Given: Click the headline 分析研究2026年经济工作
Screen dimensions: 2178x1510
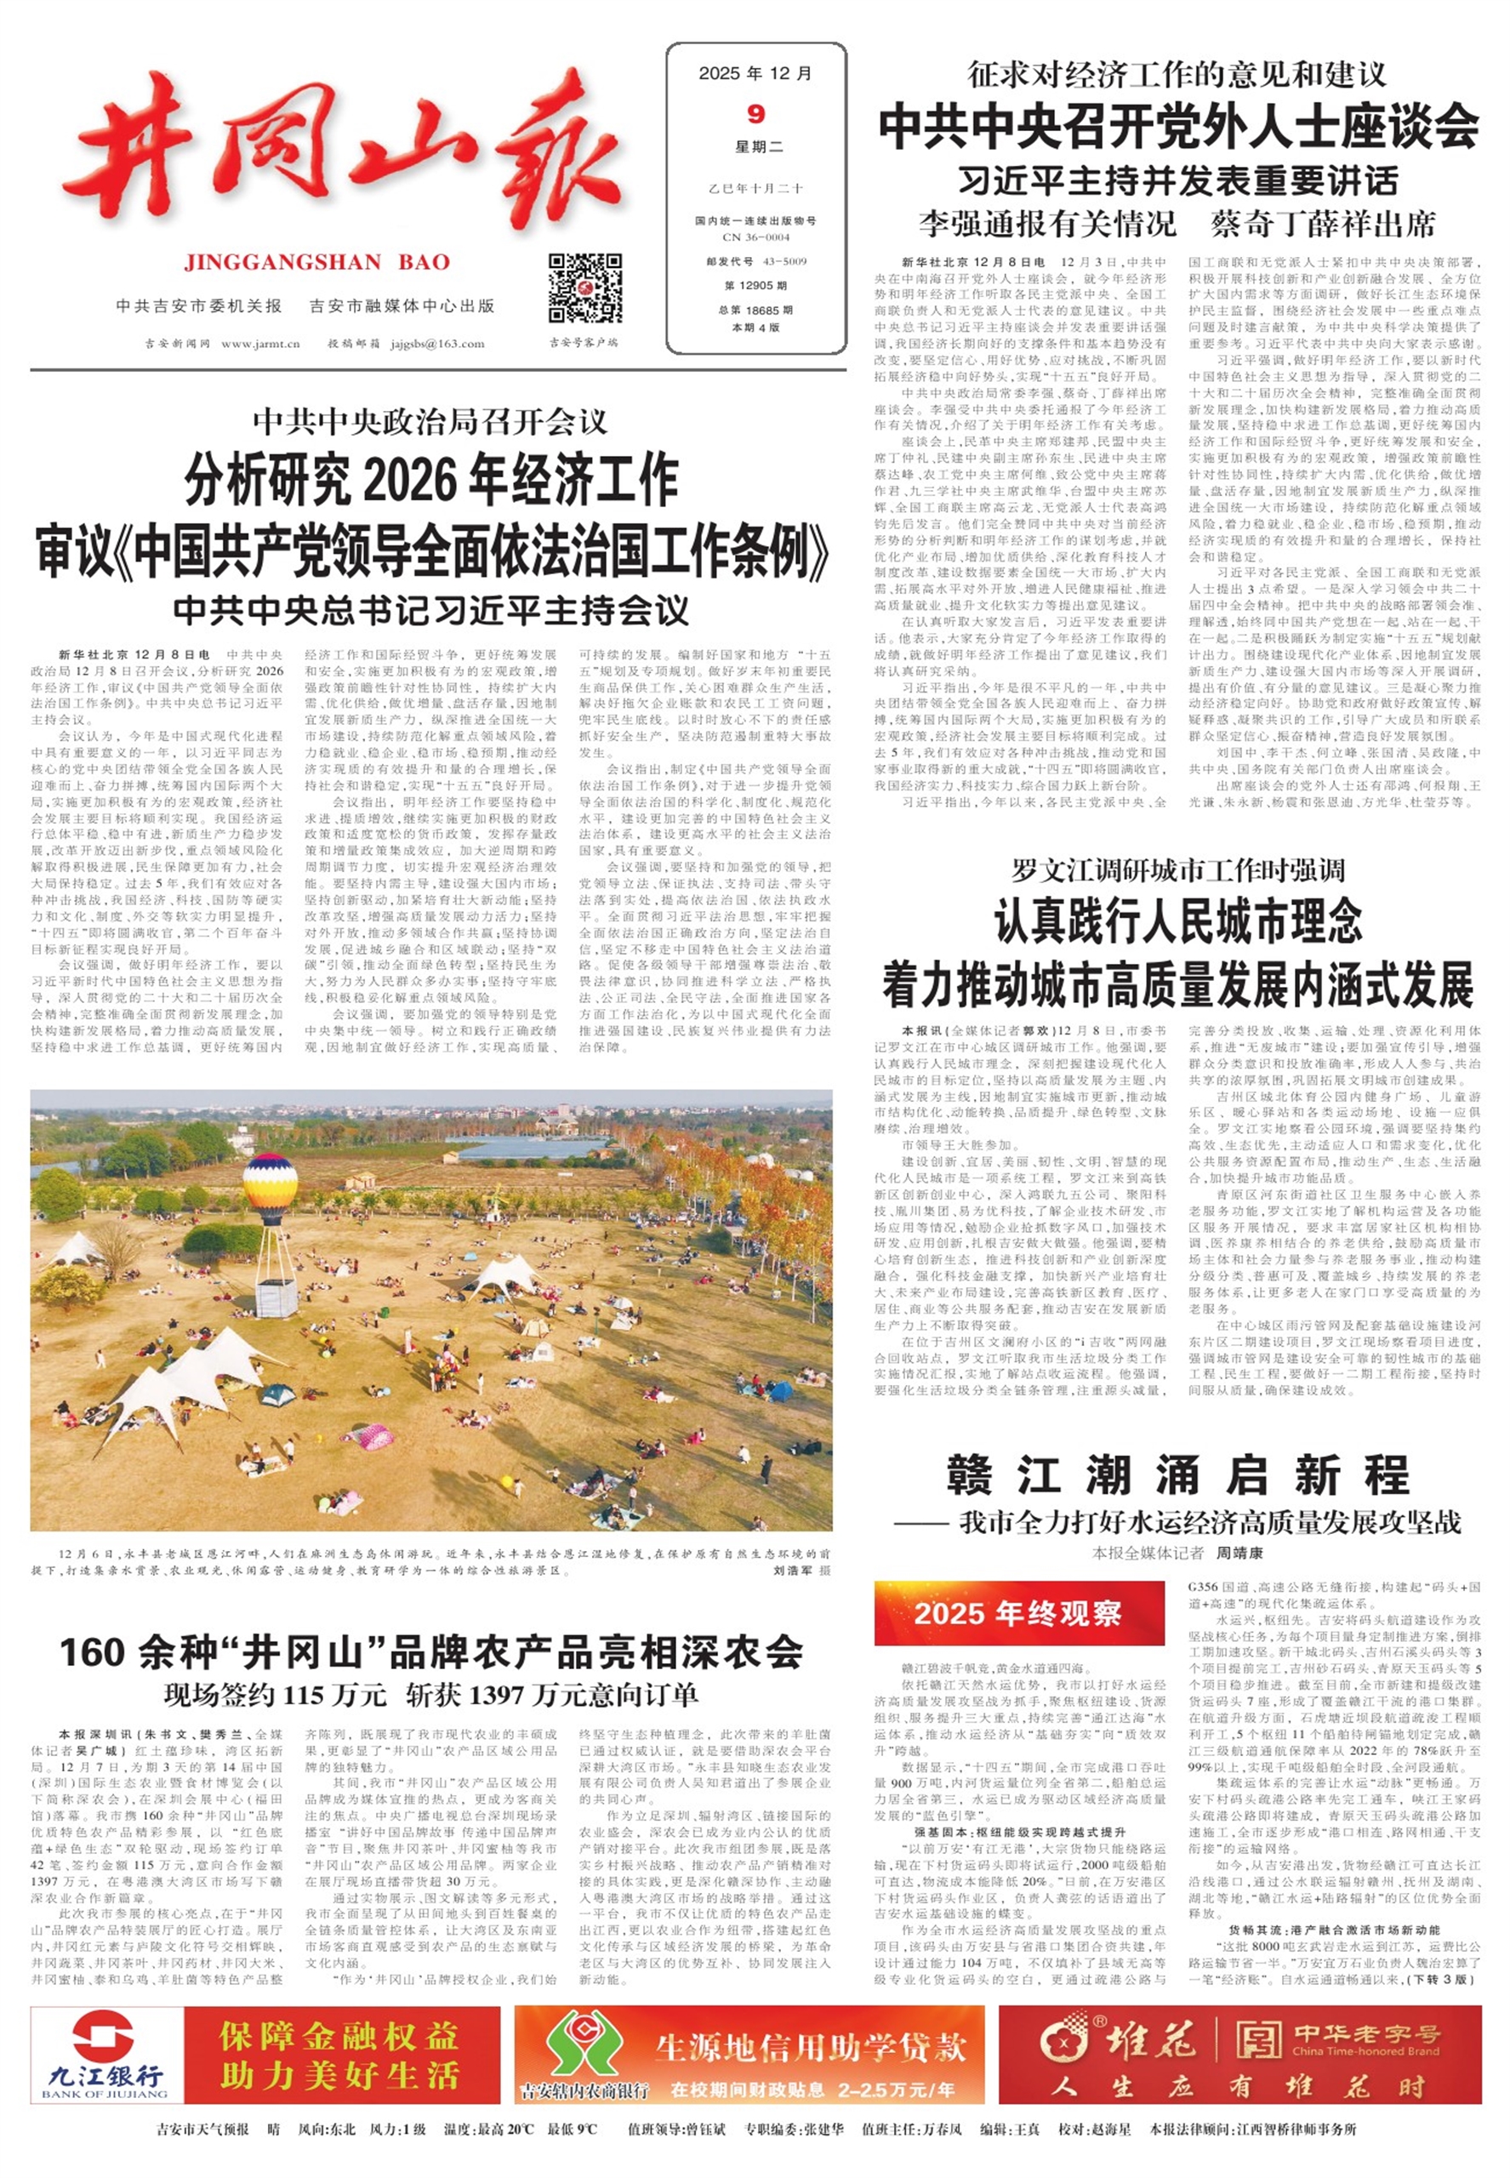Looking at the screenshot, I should click(431, 480).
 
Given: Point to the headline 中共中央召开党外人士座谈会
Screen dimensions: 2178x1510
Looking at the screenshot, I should click(1178, 126).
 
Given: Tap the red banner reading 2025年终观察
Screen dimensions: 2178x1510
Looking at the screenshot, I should click(1018, 1612).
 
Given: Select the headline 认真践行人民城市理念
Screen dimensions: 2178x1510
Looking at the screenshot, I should click(1178, 922).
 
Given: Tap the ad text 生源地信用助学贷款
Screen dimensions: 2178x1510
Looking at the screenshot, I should click(811, 2048).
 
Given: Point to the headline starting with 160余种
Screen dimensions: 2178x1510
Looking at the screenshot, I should click(431, 1652).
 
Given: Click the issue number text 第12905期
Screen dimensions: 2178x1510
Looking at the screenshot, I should click(755, 285).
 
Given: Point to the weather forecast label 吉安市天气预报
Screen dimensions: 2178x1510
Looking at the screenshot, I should click(202, 2130).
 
